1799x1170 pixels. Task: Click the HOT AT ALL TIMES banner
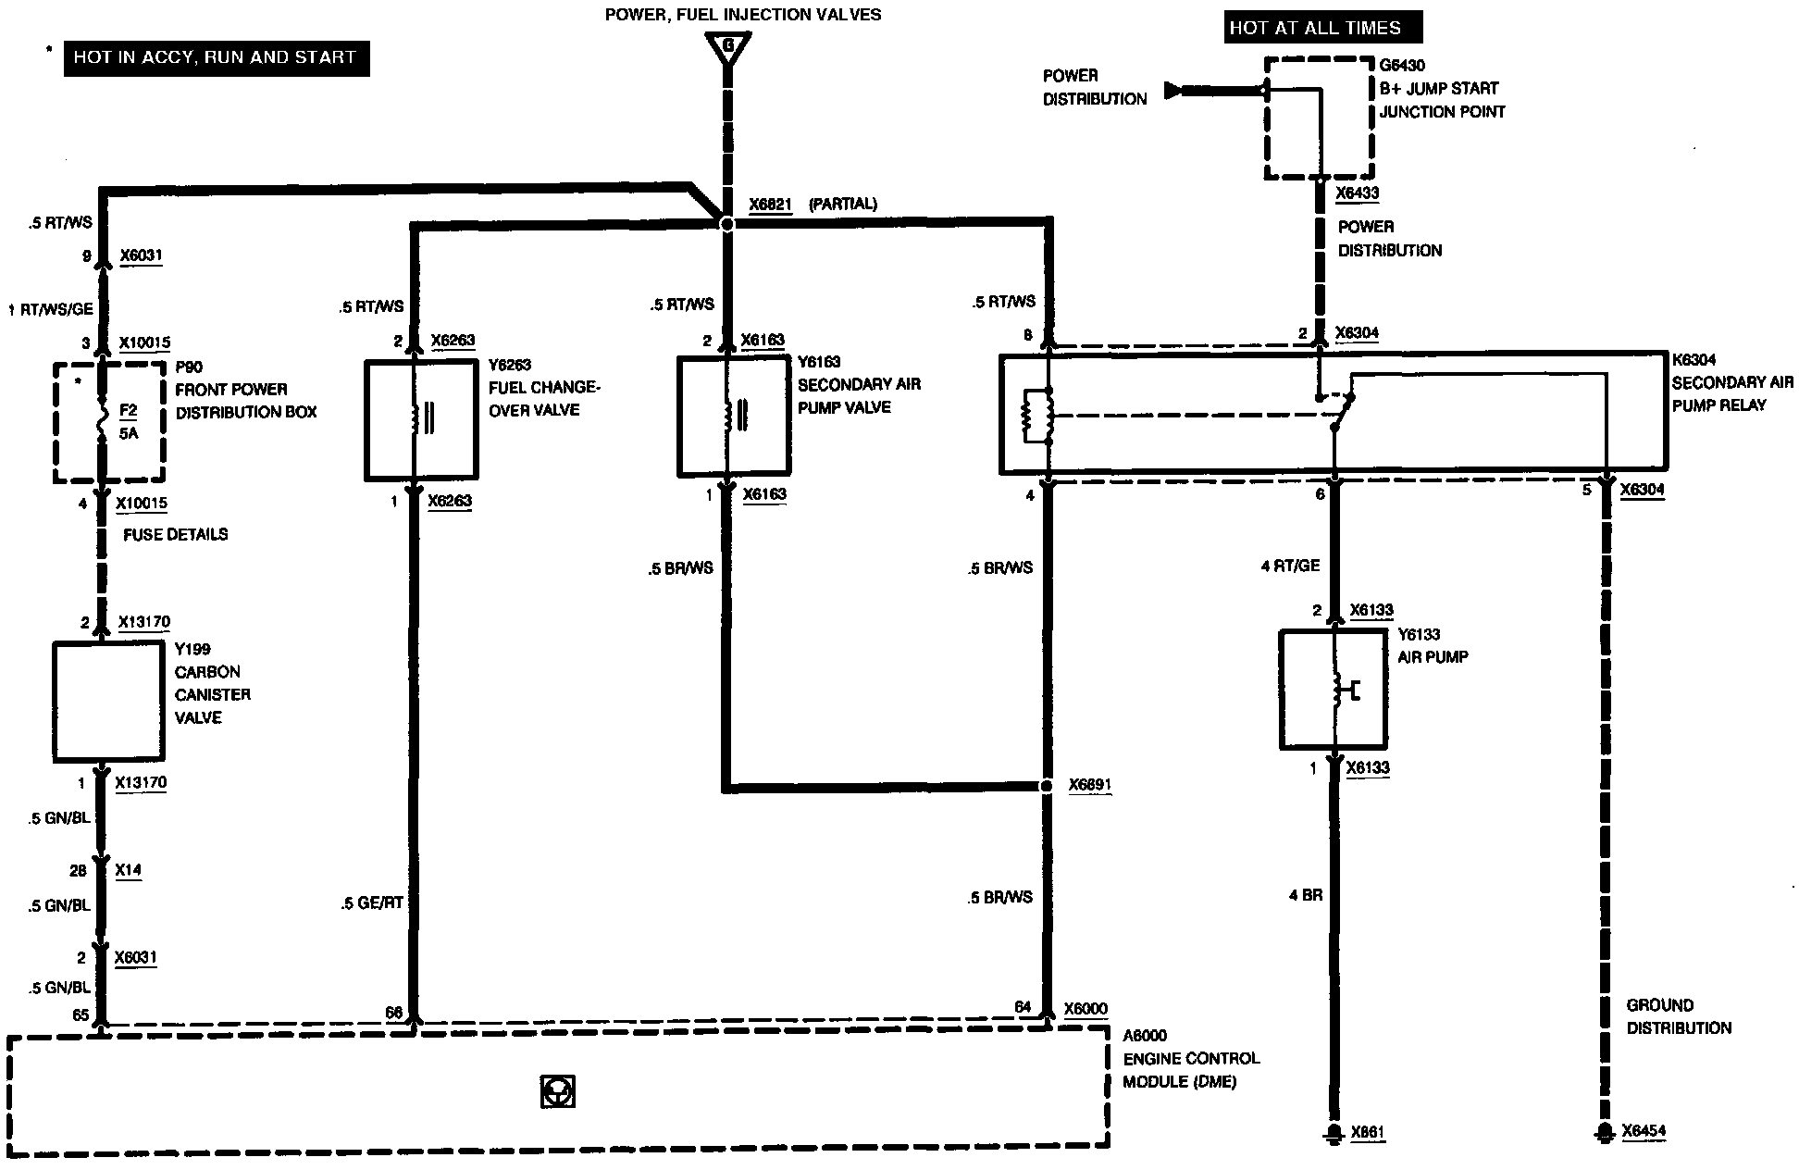pyautogui.click(x=1322, y=28)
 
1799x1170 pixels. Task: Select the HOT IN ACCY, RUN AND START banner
pyautogui.click(x=216, y=57)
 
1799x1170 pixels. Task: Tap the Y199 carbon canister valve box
pyautogui.click(x=109, y=702)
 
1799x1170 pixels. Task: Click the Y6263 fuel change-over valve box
pyautogui.click(x=421, y=420)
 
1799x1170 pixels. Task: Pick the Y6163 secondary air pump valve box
pyautogui.click(x=734, y=417)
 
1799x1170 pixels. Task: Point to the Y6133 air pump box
pyautogui.click(x=1334, y=690)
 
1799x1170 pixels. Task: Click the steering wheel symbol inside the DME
pyautogui.click(x=558, y=1091)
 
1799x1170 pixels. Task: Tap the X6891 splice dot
pyautogui.click(x=1047, y=786)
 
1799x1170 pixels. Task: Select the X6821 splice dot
pyautogui.click(x=727, y=224)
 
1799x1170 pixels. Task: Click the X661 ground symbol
pyautogui.click(x=1334, y=1132)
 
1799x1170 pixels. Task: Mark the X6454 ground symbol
pyautogui.click(x=1603, y=1132)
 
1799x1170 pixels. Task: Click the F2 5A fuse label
pyautogui.click(x=129, y=420)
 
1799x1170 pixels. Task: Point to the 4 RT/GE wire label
pyautogui.click(x=1290, y=566)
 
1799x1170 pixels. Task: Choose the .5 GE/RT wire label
pyautogui.click(x=372, y=902)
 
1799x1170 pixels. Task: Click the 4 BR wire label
pyautogui.click(x=1306, y=895)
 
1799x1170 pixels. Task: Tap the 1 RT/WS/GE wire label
pyautogui.click(x=51, y=309)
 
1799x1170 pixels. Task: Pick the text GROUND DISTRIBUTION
pyautogui.click(x=1679, y=1016)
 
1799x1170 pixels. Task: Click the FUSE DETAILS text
pyautogui.click(x=175, y=534)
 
